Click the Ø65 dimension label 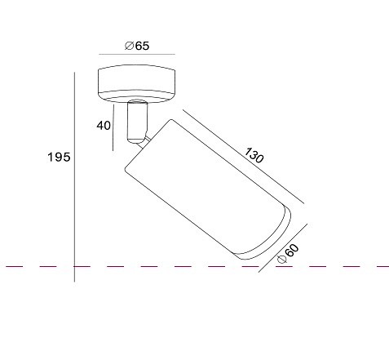(x=137, y=46)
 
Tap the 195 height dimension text (x=59, y=157)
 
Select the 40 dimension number (x=104, y=126)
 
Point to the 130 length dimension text (x=254, y=155)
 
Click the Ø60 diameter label (x=288, y=254)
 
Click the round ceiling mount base (x=136, y=84)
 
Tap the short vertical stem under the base (x=138, y=122)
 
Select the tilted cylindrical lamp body (x=208, y=189)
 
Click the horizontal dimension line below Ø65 (x=137, y=54)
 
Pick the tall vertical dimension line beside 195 (x=74, y=177)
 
